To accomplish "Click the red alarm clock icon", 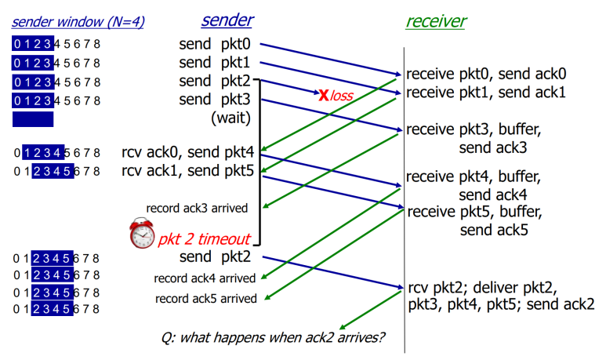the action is (142, 233).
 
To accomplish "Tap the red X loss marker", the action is (324, 95).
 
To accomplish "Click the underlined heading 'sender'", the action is (227, 20).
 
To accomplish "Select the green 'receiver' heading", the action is (436, 21).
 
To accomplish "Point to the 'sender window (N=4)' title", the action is (78, 22).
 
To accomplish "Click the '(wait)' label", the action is (230, 118).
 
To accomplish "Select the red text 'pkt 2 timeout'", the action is (204, 239).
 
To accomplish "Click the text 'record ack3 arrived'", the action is (197, 208).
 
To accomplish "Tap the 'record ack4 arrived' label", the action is (205, 278).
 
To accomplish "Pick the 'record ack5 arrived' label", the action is (206, 299).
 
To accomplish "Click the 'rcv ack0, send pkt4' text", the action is (188, 152).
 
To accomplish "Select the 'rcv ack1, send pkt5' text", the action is (188, 170).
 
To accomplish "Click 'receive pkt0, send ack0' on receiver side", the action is (486, 74).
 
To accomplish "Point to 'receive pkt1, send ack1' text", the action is (486, 93).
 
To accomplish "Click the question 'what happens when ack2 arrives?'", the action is (273, 337).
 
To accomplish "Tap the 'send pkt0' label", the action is (215, 44).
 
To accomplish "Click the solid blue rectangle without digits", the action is (33, 119).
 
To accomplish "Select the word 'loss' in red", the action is (342, 96).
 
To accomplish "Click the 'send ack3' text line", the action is (493, 147).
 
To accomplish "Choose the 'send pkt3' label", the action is (215, 100).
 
